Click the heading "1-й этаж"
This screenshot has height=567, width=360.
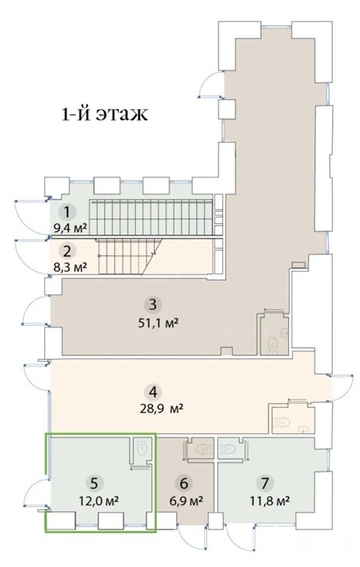coord(105,114)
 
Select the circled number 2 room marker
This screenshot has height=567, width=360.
coord(68,250)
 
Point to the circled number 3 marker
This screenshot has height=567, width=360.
coord(153,305)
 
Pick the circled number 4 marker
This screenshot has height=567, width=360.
coord(154,392)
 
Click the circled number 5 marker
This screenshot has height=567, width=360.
coord(94,483)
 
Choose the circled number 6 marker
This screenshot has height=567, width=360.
coord(184,483)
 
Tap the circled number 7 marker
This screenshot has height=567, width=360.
coord(265,483)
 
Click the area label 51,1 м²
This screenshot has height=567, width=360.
coord(159,323)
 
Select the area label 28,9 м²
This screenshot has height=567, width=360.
coord(160,409)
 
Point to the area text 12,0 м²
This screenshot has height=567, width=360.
coord(100,501)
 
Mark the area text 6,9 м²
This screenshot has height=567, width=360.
coord(186,501)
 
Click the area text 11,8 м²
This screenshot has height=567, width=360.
coord(269,501)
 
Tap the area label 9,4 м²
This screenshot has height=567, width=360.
coord(70,228)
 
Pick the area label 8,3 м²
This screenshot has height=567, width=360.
coord(70,268)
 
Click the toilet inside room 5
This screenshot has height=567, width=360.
coord(141,447)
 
